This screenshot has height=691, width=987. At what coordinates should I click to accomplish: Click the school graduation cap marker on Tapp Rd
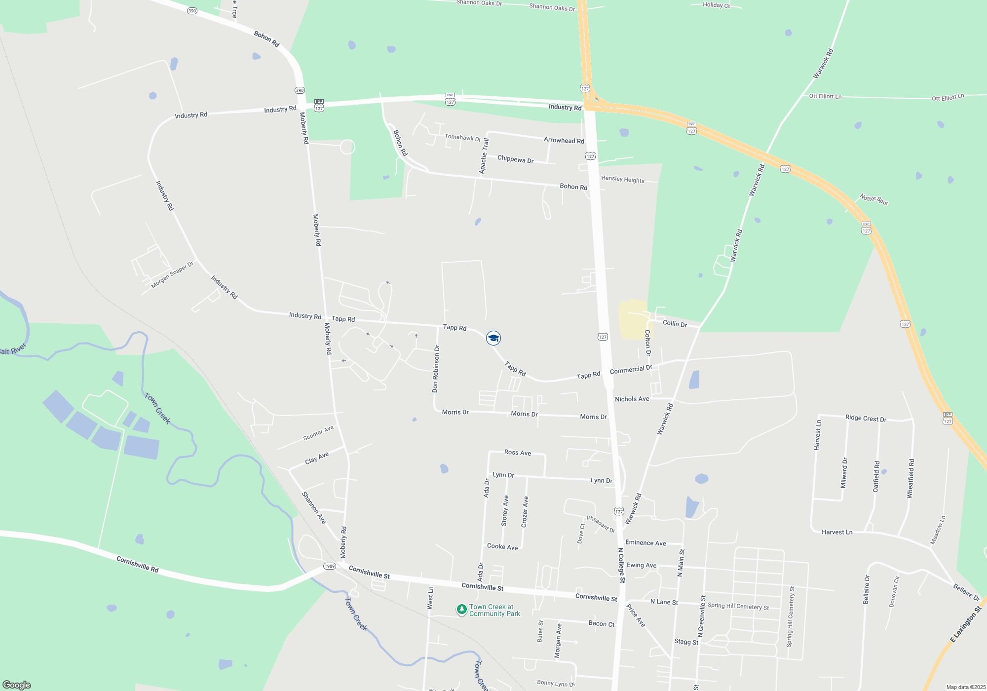coord(493,338)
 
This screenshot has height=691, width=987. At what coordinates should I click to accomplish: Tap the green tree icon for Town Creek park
coord(461,610)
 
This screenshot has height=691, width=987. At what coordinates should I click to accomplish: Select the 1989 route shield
coord(329,566)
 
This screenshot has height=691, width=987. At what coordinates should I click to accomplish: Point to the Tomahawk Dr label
coord(462,138)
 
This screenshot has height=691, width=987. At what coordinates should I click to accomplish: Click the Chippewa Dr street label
coord(515,160)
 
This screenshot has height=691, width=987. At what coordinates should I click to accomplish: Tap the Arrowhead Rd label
coord(564,140)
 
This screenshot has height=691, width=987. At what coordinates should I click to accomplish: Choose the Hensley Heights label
coord(622,179)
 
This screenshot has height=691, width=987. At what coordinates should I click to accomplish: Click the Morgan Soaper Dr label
coord(172,274)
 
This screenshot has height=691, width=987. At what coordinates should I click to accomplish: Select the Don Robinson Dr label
coord(435,369)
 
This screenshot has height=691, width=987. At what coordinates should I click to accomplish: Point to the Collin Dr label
coord(675,324)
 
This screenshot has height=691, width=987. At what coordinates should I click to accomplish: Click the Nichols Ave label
coord(632,399)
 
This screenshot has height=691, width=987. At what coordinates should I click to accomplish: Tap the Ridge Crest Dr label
coord(866,418)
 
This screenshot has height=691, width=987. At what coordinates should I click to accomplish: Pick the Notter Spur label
coord(874,199)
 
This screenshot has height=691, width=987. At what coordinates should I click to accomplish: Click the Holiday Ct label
coord(716,5)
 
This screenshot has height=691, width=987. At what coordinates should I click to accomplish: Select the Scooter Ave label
coord(318,433)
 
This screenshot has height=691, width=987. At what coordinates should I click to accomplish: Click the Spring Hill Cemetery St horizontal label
coord(738,606)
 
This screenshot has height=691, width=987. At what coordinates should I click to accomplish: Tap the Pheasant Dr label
coord(601,524)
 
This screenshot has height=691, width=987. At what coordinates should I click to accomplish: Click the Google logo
coord(17,685)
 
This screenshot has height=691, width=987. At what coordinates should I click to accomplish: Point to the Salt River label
coord(12,350)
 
